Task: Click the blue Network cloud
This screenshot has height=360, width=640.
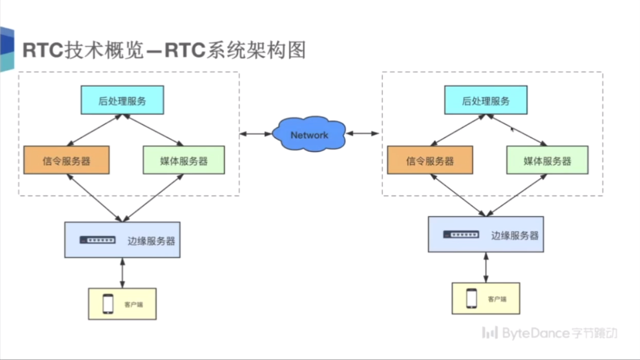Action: click(x=309, y=134)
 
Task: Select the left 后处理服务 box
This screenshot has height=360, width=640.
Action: click(x=122, y=100)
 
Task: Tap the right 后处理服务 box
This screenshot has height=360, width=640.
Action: click(x=486, y=100)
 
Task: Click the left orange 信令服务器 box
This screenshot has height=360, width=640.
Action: click(x=66, y=160)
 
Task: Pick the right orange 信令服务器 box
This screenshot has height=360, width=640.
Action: click(x=430, y=160)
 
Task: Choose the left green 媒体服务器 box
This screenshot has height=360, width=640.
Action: click(x=184, y=160)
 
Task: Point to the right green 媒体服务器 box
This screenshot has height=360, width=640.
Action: click(x=547, y=160)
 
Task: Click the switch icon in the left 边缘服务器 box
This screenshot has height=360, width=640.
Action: click(x=98, y=240)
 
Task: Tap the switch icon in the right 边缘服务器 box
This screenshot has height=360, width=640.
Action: click(x=461, y=234)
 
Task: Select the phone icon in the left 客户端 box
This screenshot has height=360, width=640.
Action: click(x=108, y=304)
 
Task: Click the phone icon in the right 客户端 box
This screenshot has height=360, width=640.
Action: click(x=472, y=298)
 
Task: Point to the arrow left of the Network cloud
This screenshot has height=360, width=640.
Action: click(x=256, y=133)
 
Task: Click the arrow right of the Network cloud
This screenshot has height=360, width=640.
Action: click(x=362, y=133)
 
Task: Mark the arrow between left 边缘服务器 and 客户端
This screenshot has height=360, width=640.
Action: click(x=122, y=273)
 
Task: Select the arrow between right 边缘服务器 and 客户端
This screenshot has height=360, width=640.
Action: click(x=486, y=267)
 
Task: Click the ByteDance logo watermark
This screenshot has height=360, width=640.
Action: click(x=549, y=333)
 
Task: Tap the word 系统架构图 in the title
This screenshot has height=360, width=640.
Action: click(x=256, y=50)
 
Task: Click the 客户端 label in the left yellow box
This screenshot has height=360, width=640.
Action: click(x=133, y=304)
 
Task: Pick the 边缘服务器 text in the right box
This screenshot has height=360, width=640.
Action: click(x=515, y=236)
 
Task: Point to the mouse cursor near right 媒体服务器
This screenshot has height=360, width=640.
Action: click(x=512, y=129)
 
